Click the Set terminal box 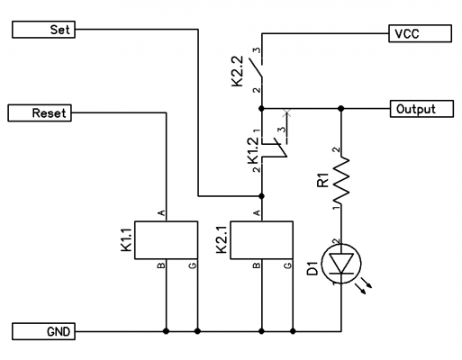[x=43, y=30]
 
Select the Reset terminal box [x=40, y=113]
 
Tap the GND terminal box [x=43, y=331]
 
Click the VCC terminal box [x=420, y=33]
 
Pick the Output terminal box [x=421, y=109]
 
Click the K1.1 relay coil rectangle [x=166, y=240]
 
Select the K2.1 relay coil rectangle [x=261, y=240]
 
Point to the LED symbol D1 [x=341, y=264]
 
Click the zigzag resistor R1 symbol [x=341, y=180]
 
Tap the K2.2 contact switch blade [x=256, y=67]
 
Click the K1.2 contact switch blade [x=282, y=148]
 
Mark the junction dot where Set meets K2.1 [x=261, y=196]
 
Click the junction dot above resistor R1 [x=340, y=108]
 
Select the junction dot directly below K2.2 [x=261, y=108]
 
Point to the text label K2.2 [x=237, y=72]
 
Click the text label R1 [x=323, y=180]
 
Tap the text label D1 [x=313, y=268]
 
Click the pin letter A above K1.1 [x=161, y=213]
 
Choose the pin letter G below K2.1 [x=287, y=265]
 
